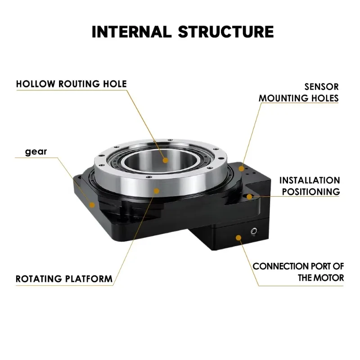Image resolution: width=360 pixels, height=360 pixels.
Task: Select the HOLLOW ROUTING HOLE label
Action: click(72, 84)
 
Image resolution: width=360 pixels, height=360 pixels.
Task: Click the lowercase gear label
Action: click(36, 152)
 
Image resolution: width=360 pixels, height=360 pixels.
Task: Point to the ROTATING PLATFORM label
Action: click(64, 279)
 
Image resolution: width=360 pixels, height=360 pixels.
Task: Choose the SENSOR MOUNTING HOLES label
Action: click(299, 92)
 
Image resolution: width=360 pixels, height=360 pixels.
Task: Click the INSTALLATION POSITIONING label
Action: click(310, 186)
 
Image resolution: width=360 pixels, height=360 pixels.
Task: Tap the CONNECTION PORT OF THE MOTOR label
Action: click(298, 272)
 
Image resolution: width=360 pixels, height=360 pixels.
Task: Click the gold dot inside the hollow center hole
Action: click(166, 160)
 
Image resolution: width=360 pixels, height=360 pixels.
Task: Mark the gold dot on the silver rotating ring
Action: click(156, 191)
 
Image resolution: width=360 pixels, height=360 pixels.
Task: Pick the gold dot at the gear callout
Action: click(92, 205)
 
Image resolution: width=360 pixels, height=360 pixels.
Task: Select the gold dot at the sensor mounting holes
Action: click(242, 169)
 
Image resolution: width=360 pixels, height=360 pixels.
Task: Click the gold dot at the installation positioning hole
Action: click(249, 197)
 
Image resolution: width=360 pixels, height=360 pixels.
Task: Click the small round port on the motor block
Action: click(254, 232)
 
